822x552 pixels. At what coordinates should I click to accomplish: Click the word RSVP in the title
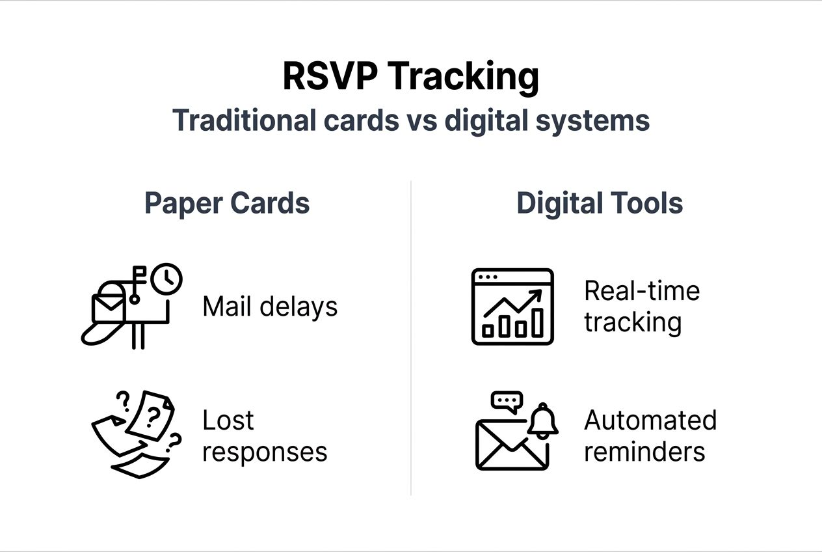(x=330, y=76)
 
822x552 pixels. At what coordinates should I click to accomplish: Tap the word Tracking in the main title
(x=463, y=78)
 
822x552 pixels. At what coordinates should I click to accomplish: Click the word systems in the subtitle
(x=592, y=122)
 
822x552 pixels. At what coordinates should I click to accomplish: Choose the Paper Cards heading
(x=227, y=203)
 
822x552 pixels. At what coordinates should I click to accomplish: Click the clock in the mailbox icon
(x=166, y=279)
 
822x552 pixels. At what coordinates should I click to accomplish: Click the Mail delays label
(x=270, y=307)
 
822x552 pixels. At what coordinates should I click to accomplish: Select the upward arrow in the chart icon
(x=513, y=303)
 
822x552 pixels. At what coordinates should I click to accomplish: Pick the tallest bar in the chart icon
(x=537, y=323)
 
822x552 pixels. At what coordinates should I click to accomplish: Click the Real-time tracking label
(x=642, y=307)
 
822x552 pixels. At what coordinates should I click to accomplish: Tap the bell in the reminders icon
(x=543, y=421)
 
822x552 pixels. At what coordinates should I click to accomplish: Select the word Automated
(x=650, y=420)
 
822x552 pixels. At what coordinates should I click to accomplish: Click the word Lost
(x=228, y=420)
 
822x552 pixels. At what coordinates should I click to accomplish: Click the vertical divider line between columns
(x=410, y=338)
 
